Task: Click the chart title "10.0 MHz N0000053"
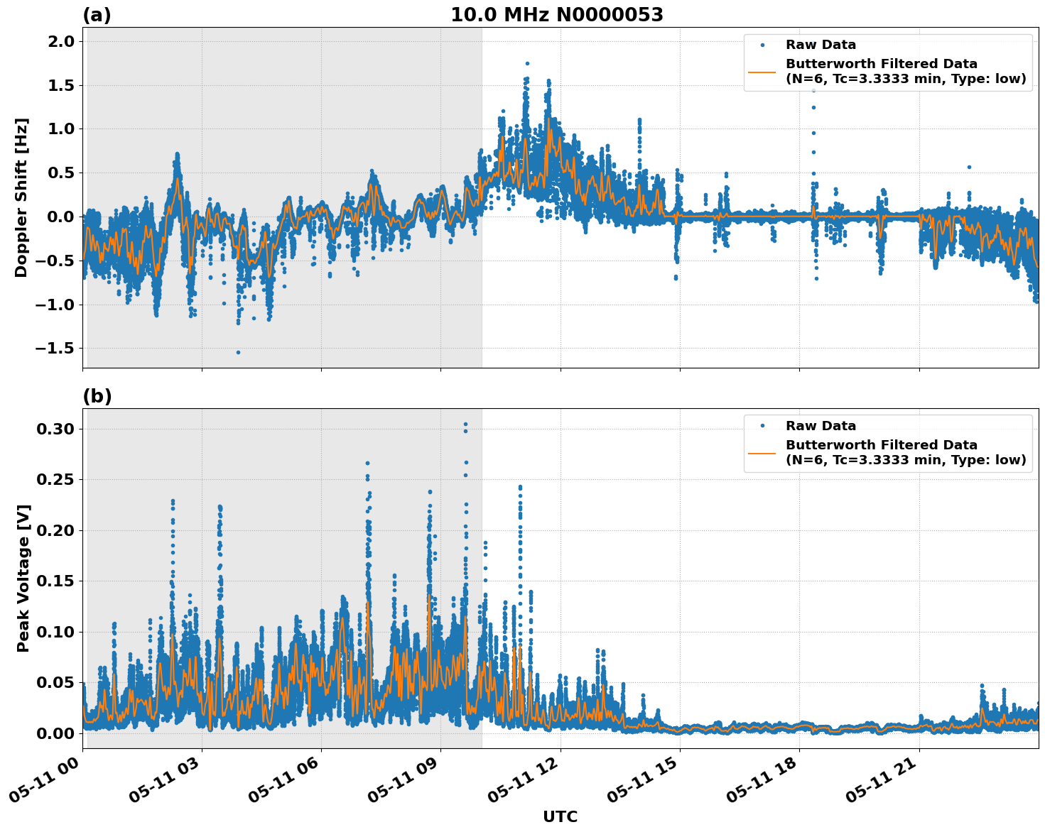(x=557, y=15)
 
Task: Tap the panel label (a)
(x=97, y=15)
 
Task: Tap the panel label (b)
(x=97, y=396)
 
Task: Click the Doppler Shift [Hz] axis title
(x=21, y=197)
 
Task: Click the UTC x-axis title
(x=560, y=816)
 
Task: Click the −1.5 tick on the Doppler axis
(x=55, y=349)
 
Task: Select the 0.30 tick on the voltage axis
(x=55, y=429)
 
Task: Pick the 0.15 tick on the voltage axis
(x=55, y=581)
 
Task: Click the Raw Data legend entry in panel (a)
(x=821, y=45)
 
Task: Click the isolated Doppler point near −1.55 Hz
(x=238, y=352)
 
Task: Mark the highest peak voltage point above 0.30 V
(x=465, y=425)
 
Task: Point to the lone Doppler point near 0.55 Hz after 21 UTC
(x=968, y=168)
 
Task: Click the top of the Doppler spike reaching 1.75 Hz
(x=527, y=63)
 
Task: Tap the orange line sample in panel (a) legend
(x=762, y=71)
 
